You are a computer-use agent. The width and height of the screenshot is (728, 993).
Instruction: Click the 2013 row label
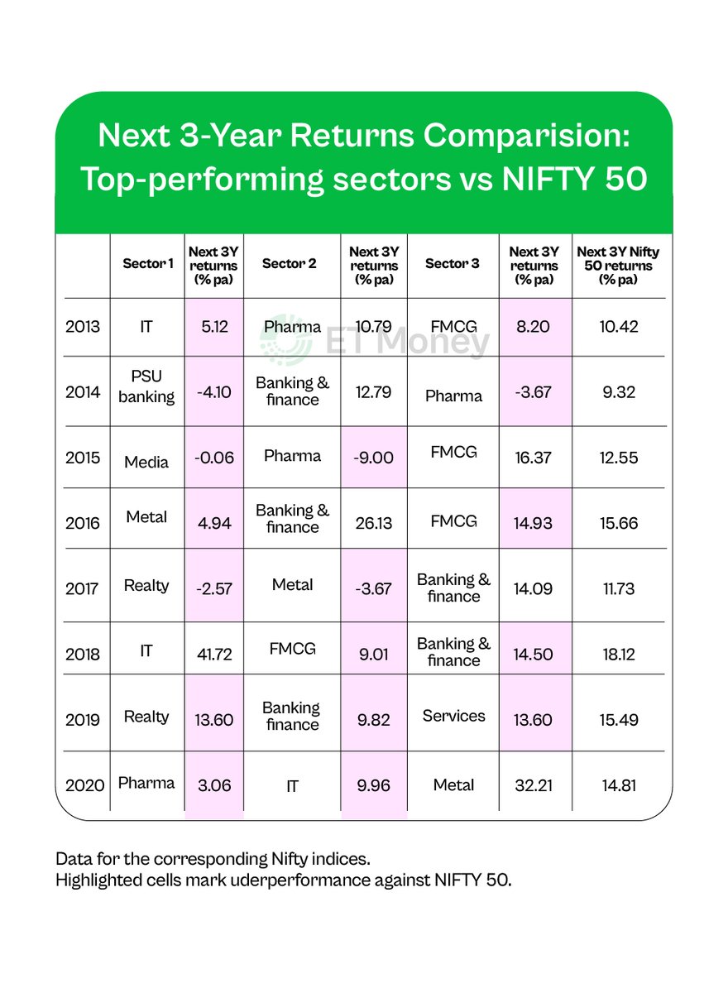(x=83, y=327)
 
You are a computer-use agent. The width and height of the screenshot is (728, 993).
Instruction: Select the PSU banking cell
(x=146, y=387)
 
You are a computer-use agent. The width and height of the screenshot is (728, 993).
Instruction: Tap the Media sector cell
(x=146, y=461)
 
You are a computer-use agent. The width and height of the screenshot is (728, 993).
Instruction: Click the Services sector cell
(x=453, y=716)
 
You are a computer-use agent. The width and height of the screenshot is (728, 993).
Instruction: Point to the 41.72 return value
(x=213, y=654)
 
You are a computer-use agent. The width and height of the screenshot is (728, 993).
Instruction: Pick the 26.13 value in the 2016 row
(x=374, y=523)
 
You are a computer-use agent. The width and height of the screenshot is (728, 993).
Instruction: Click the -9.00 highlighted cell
(x=374, y=458)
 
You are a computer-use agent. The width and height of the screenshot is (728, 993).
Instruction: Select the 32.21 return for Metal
(x=534, y=785)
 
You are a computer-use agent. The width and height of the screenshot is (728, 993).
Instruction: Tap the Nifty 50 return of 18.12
(x=619, y=654)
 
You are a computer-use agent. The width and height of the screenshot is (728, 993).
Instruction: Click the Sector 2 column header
(x=290, y=264)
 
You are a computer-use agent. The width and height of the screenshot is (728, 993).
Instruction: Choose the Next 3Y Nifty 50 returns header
(x=619, y=265)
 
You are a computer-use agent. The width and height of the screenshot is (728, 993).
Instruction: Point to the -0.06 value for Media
(x=213, y=458)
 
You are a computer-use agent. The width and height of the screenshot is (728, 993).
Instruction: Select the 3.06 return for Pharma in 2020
(x=213, y=785)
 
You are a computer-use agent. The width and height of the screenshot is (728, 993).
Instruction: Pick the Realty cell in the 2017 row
(x=146, y=585)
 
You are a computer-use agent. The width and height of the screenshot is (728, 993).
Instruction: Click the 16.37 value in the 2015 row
(x=534, y=458)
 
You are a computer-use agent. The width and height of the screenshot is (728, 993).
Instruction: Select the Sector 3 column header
(x=452, y=264)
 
